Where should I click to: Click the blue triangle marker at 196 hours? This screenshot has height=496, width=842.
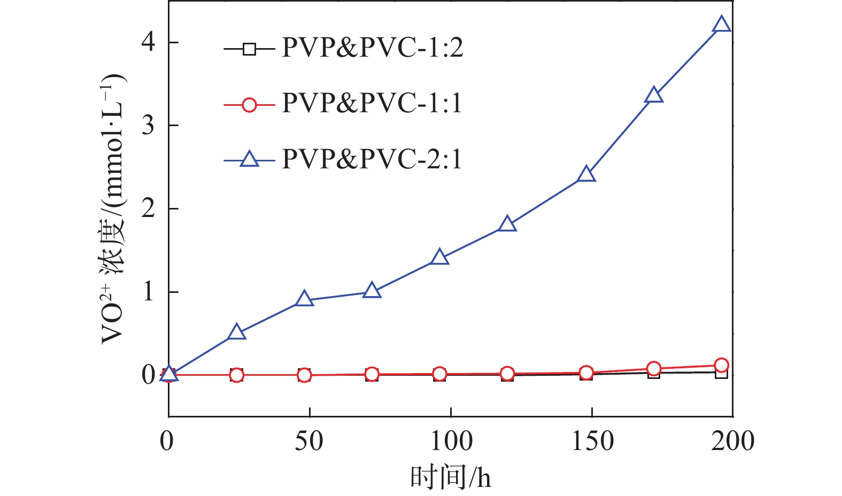pyautogui.click(x=721, y=25)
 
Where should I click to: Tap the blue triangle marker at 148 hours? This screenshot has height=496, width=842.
pyautogui.click(x=586, y=175)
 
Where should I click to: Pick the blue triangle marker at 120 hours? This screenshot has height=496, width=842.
pyautogui.click(x=507, y=224)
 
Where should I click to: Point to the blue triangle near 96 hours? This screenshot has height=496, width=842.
pyautogui.click(x=439, y=258)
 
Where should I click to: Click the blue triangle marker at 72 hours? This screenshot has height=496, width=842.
pyautogui.click(x=372, y=291)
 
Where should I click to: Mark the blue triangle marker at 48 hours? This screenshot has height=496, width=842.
pyautogui.click(x=304, y=299)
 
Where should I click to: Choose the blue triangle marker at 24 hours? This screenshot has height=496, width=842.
pyautogui.click(x=236, y=332)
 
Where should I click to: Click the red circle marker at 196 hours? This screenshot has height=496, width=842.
pyautogui.click(x=721, y=365)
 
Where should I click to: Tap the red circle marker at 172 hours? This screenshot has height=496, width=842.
pyautogui.click(x=654, y=368)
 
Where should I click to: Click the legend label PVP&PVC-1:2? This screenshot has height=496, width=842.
pyautogui.click(x=372, y=48)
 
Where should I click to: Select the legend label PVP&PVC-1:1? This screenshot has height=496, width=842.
pyautogui.click(x=372, y=103)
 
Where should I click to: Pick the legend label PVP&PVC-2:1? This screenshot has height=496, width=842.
pyautogui.click(x=372, y=159)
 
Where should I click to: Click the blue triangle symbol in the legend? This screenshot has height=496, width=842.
pyautogui.click(x=249, y=159)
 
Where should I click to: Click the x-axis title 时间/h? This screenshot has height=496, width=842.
pyautogui.click(x=450, y=477)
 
